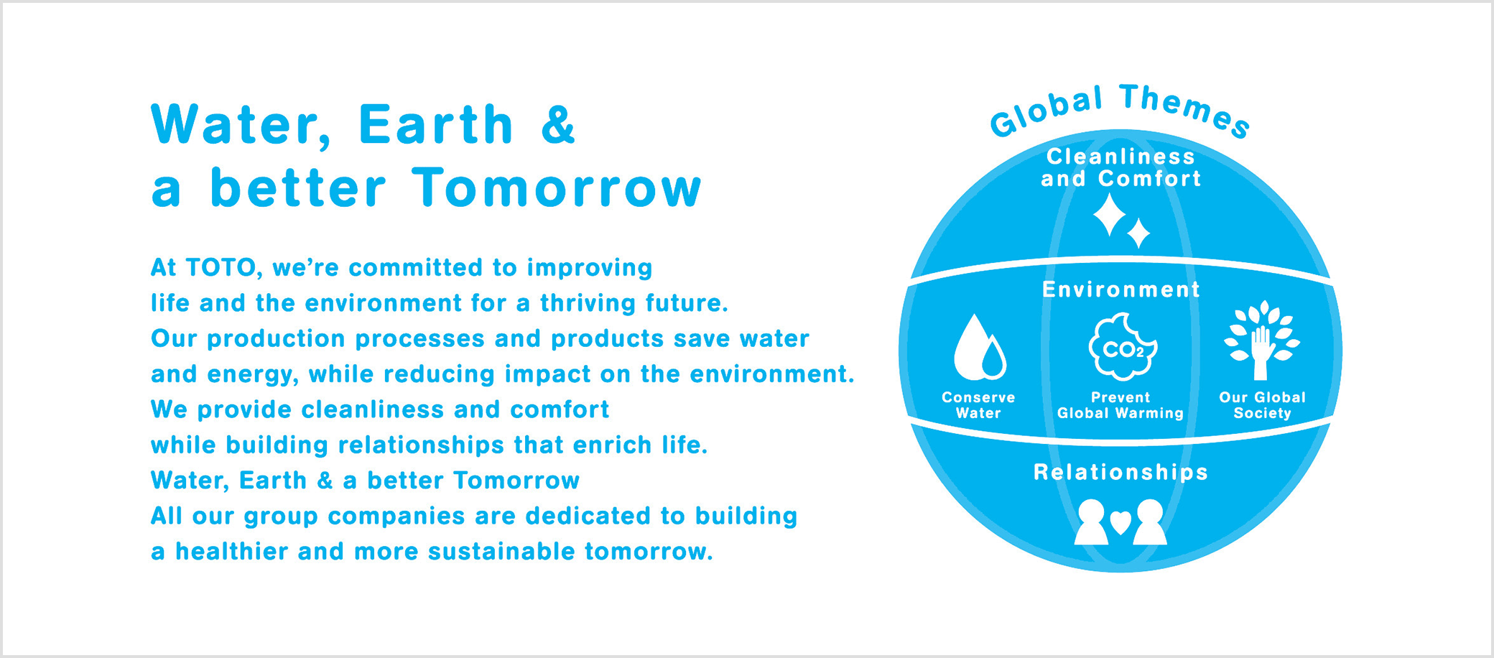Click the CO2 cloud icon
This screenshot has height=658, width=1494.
click(1122, 347)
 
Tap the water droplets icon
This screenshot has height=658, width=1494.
click(979, 348)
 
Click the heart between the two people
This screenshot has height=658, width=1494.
click(1120, 522)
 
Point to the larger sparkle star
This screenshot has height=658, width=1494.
click(1110, 214)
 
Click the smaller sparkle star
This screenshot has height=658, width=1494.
click(1138, 233)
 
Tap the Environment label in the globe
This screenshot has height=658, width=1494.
click(1120, 289)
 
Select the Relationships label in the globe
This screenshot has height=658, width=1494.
click(1120, 472)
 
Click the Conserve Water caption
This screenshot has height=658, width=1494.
click(978, 405)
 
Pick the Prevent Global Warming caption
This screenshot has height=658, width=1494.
click(1120, 405)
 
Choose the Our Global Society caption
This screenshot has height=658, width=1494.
click(1262, 405)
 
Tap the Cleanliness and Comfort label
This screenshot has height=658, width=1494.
click(1120, 167)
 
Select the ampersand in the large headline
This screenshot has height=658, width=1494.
click(558, 124)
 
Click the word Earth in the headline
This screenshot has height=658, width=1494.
click(435, 124)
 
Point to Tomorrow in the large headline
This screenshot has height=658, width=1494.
click(557, 187)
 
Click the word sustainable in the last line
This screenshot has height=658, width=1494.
click(502, 552)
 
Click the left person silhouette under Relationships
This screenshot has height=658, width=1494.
click(1091, 522)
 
